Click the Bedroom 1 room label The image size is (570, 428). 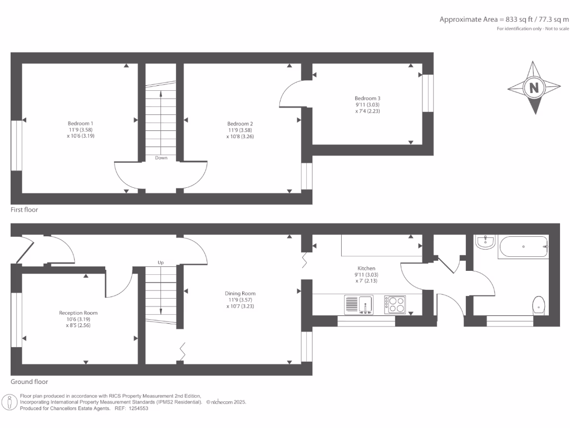pyautogui.click(x=80, y=123)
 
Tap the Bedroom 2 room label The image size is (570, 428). pyautogui.click(x=240, y=124)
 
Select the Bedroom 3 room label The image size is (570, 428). pyautogui.click(x=367, y=99)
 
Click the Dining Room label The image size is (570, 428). pyautogui.click(x=240, y=294)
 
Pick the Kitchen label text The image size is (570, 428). pyautogui.click(x=366, y=268)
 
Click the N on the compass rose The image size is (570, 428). pyautogui.click(x=534, y=87)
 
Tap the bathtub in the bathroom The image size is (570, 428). pyautogui.click(x=523, y=247)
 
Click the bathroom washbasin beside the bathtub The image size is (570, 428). pyautogui.click(x=485, y=241)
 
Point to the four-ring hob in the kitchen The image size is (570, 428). pyautogui.click(x=395, y=304)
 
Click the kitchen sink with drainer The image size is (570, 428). pyautogui.click(x=359, y=304)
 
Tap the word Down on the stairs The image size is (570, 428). pyautogui.click(x=161, y=158)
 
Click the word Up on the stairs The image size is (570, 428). pyautogui.click(x=161, y=262)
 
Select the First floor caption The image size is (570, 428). pyautogui.click(x=24, y=210)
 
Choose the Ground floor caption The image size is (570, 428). pyautogui.click(x=29, y=382)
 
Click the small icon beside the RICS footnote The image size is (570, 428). pyautogui.click(x=10, y=402)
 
